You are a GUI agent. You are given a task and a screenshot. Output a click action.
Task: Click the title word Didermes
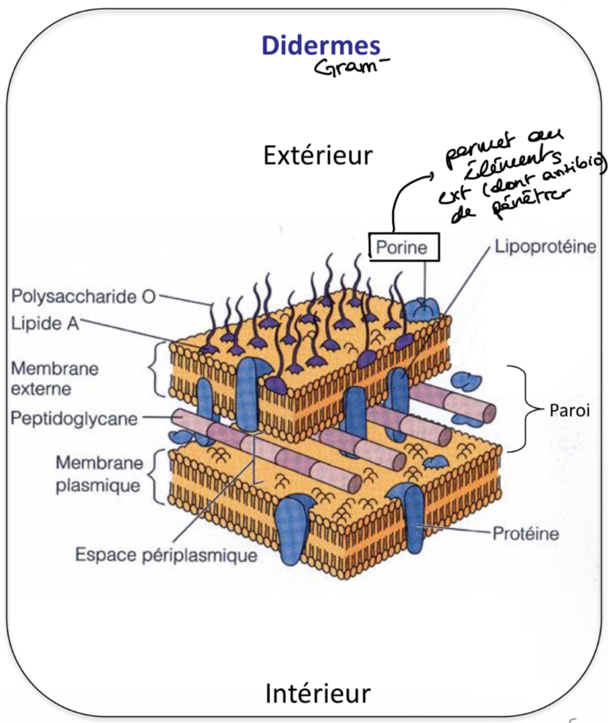pos(321,46)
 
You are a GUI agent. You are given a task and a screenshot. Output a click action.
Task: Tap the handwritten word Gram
pos(347,67)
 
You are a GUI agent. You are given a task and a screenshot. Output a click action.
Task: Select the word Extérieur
pos(318,156)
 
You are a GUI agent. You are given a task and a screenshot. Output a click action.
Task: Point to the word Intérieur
pos(318,694)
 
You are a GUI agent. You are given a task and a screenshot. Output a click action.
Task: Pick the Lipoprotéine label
pos(545,247)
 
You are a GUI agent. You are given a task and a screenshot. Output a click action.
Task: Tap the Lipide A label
pos(44,323)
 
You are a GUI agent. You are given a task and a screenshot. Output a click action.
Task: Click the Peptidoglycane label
pos(74,418)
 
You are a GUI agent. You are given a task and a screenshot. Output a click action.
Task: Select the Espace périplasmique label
pos(166,555)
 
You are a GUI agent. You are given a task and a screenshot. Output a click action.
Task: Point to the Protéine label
pos(526,533)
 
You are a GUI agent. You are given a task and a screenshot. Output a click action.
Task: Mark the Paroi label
pos(569,411)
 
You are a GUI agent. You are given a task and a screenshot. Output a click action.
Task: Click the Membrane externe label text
pos(54,379)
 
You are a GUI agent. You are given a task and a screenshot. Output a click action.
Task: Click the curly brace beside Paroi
pos(524,408)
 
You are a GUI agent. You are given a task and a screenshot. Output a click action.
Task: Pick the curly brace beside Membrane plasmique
pos(156,477)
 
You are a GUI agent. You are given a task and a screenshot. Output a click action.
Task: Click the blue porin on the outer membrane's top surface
pos(423,308)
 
